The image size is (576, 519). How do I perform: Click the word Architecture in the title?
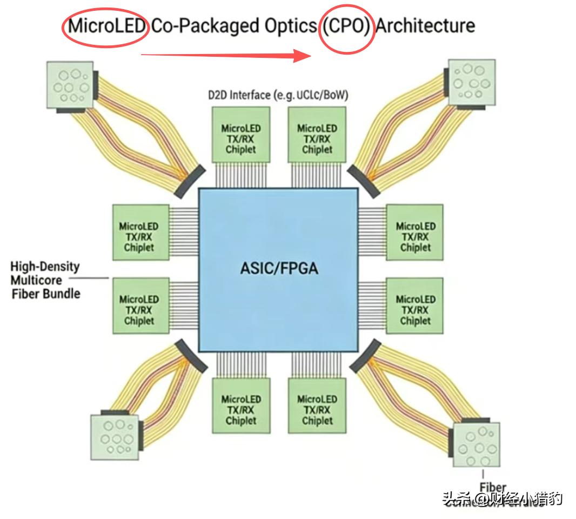coord(425,26)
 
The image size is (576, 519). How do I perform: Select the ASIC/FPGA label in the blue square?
coord(279,268)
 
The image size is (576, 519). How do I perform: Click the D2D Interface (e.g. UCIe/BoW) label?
coord(278,95)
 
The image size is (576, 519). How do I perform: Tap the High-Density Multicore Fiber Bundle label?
coord(45,280)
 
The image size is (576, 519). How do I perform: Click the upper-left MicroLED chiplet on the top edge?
coord(240,138)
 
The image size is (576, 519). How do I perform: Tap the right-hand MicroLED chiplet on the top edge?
coord(317,138)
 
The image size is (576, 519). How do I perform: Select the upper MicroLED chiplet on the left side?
coord(139,236)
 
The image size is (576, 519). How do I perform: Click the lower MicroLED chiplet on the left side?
coord(139,310)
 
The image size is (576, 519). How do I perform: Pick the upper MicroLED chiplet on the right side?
coord(415,236)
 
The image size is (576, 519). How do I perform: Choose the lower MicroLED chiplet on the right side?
coord(415,310)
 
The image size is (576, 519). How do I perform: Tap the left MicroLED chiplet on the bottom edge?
coord(240,409)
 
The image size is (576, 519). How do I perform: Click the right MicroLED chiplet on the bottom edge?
coord(317,409)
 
